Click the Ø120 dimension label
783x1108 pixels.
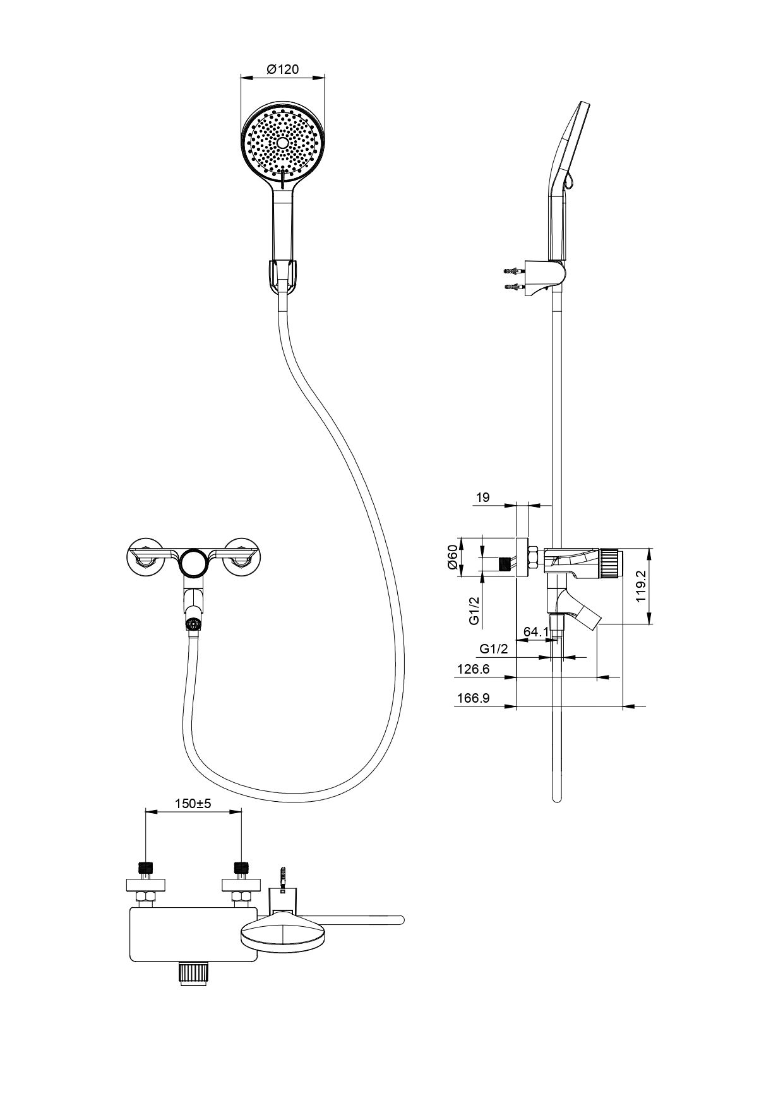click(282, 69)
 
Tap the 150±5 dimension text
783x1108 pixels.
click(193, 804)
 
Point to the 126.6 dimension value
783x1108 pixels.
click(473, 669)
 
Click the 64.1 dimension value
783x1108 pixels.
click(536, 631)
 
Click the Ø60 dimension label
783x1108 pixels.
click(452, 557)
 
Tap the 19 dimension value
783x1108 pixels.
click(482, 497)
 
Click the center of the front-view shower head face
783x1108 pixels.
click(283, 143)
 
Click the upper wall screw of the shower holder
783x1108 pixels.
click(515, 271)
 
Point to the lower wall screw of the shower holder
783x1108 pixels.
click(515, 288)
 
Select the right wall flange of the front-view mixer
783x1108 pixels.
click(242, 556)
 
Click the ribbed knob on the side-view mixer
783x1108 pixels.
click(610, 563)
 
